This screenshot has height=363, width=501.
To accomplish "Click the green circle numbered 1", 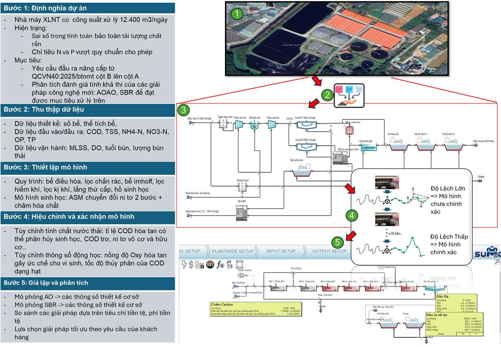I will [237, 14].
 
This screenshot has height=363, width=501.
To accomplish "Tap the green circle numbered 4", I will [352, 215].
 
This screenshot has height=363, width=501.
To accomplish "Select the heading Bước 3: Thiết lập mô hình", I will [45, 167].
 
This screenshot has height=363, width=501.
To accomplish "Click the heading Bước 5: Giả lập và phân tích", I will [46, 283].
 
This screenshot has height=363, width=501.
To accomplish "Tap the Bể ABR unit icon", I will [242, 213].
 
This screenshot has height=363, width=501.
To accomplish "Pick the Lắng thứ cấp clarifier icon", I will [368, 147].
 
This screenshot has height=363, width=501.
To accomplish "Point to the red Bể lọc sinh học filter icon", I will [349, 130].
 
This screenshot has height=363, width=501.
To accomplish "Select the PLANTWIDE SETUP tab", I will [232, 251].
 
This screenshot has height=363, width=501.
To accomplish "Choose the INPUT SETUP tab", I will [281, 251].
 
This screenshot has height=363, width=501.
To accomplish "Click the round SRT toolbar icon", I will [210, 265].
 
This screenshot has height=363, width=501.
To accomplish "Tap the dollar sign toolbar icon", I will [191, 265].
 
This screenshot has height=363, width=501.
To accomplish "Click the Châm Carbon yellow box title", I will [222, 304].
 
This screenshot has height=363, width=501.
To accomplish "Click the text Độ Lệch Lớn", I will [448, 188].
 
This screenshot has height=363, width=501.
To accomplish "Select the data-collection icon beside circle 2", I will [349, 96].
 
